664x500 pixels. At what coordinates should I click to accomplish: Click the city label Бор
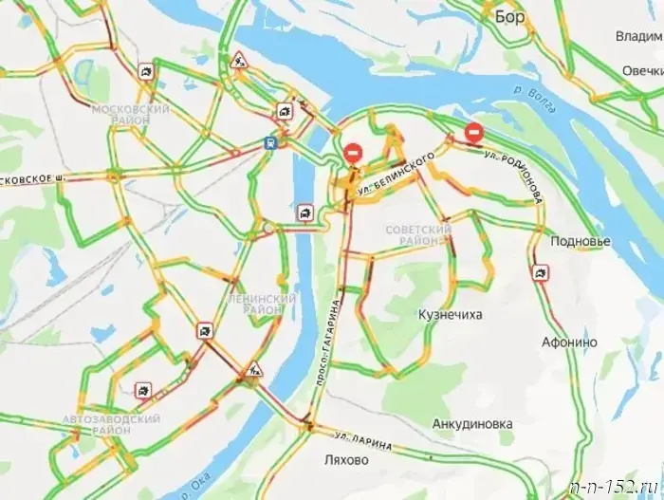(x=509, y=16)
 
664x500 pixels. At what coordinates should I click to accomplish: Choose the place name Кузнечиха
(x=450, y=313)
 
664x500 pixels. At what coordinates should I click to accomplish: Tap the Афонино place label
(x=569, y=342)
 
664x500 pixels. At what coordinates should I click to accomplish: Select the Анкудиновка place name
(x=471, y=424)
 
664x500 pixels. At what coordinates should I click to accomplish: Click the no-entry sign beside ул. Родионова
(x=474, y=133)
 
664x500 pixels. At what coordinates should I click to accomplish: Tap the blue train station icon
(x=272, y=143)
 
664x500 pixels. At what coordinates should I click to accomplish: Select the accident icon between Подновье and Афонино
(x=541, y=274)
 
